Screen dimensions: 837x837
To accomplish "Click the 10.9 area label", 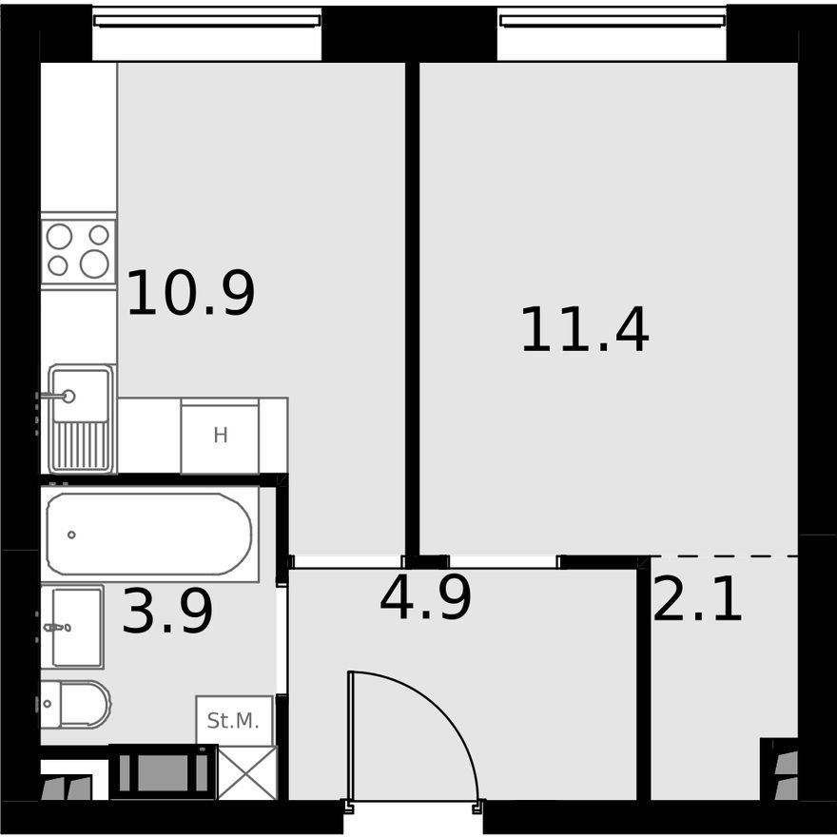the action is (x=190, y=293).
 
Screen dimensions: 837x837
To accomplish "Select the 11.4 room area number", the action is (x=585, y=330).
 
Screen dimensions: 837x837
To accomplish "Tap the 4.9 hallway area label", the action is (x=425, y=598).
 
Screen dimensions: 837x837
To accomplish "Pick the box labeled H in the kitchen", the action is (x=220, y=436).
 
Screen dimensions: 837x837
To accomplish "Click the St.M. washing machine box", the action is (x=234, y=721).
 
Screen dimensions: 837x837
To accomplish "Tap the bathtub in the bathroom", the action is (x=150, y=534).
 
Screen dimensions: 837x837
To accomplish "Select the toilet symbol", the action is (x=76, y=704).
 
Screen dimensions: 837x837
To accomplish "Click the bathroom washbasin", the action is (x=72, y=627).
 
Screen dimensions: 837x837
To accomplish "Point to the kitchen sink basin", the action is (x=81, y=395).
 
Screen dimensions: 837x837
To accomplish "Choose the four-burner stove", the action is (x=78, y=251).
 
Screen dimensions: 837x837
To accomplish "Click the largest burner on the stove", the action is (x=94, y=263).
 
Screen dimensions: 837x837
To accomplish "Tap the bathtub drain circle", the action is (x=71, y=535).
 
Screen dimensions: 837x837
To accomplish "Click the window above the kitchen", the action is (x=207, y=20).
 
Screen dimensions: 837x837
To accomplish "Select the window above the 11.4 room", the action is (x=613, y=20).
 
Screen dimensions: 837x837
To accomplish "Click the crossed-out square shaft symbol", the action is (x=247, y=773).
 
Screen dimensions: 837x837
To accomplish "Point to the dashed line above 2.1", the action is (x=725, y=555).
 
